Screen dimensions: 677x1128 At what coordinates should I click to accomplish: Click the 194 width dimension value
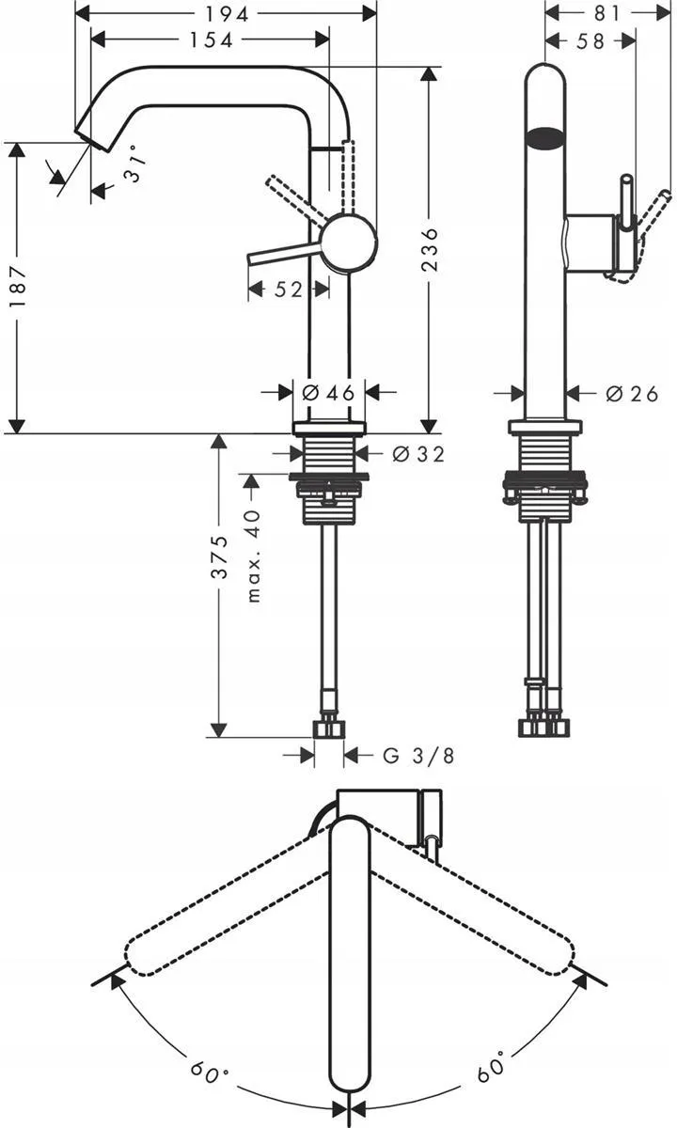point(227,15)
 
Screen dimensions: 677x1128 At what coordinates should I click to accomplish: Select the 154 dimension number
point(211,40)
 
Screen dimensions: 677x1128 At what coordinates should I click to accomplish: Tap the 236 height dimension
point(429,250)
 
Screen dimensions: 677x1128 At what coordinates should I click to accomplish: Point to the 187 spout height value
point(18,287)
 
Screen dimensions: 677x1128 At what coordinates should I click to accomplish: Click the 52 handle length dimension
point(288,290)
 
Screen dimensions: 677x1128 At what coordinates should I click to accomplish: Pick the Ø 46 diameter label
point(328,392)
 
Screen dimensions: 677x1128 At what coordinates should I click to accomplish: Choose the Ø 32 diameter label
point(418,454)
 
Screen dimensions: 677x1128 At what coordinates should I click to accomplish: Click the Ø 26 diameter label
point(632,394)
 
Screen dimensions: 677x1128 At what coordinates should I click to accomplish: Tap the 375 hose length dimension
point(219,556)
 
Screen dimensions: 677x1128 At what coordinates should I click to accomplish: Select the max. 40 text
point(253,556)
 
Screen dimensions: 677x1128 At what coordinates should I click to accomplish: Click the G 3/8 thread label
point(418,756)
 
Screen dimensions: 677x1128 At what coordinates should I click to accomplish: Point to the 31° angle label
point(135,163)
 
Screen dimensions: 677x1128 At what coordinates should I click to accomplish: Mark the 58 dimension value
point(590,40)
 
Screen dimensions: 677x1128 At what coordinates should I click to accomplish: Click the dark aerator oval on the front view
point(545,138)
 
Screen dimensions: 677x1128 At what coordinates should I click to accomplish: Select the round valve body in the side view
point(349,241)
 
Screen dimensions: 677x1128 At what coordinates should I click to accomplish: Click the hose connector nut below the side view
point(329,728)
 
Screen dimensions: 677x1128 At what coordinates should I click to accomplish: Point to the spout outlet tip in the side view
point(94,139)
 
